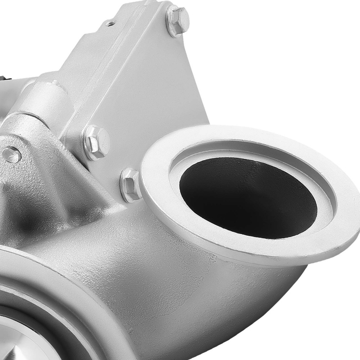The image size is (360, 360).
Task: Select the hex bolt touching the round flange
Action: (x=131, y=184)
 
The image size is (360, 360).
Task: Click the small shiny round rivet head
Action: (x=11, y=155)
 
